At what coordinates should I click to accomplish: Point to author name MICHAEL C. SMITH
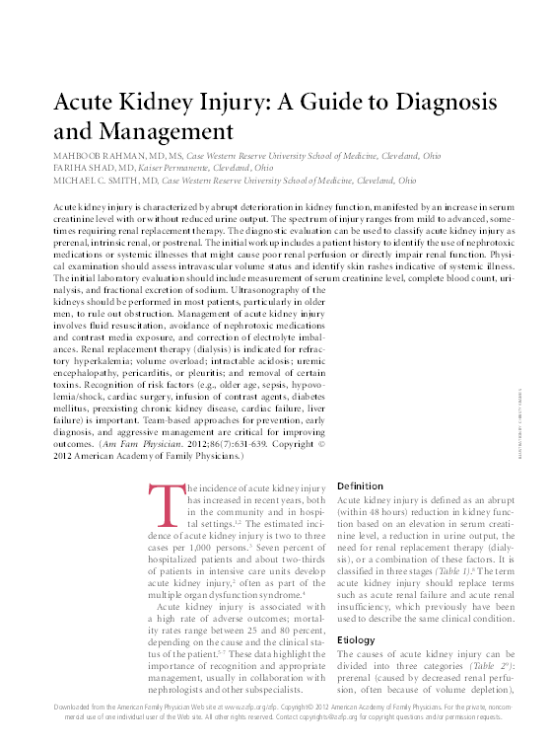(93, 182)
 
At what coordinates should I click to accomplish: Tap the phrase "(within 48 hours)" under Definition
(374, 519)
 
